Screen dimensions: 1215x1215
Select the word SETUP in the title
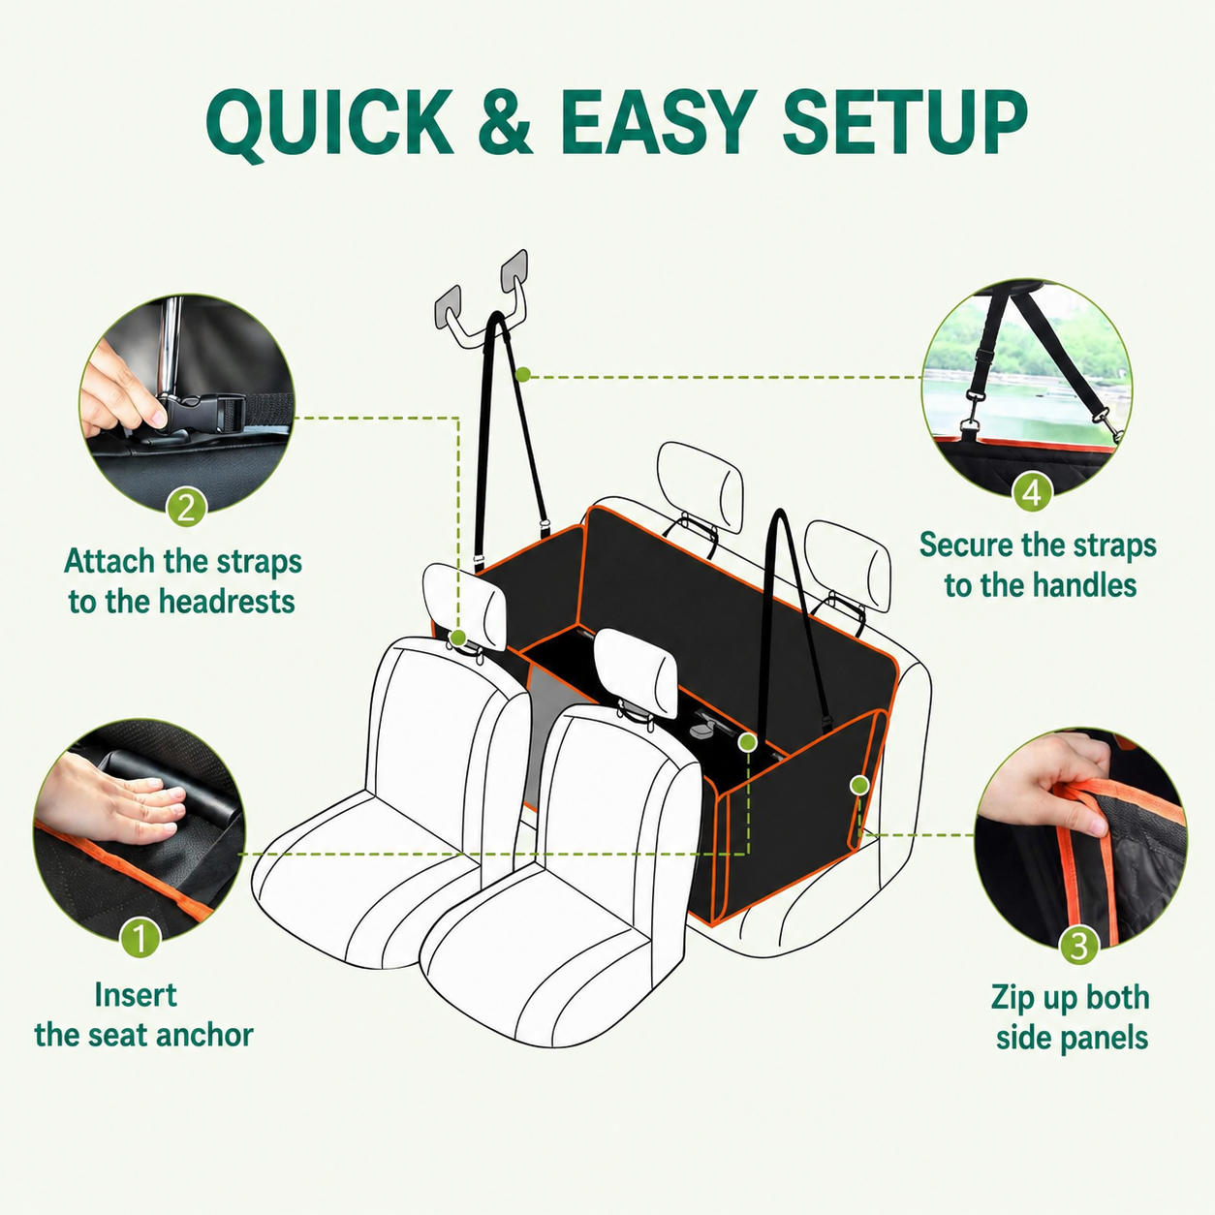pos(904,122)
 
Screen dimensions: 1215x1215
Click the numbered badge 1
pos(140,937)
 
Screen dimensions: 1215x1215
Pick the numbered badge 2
pos(185,507)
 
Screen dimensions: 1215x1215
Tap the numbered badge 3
pos(1078,944)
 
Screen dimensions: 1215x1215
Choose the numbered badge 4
pos(1032,491)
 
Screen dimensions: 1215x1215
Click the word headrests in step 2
pos(227,601)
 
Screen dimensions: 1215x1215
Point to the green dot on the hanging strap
pos(522,376)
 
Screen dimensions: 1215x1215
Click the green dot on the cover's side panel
pos(859,785)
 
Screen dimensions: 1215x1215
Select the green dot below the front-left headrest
pos(459,637)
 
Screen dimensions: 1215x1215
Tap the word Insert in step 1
pos(136,996)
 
